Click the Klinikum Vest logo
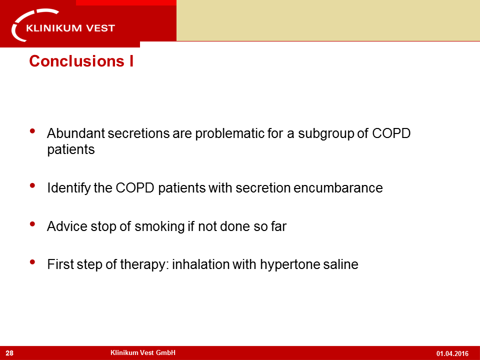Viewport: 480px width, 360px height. (x=63, y=25)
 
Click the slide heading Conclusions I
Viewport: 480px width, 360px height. (x=81, y=61)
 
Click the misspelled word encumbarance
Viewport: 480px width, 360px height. (x=338, y=187)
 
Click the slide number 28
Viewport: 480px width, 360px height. (x=9, y=353)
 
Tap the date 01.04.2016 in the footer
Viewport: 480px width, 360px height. (x=452, y=353)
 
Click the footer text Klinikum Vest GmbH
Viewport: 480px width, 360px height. (x=143, y=352)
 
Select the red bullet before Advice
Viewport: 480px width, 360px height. (x=32, y=224)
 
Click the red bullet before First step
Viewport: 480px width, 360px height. (x=32, y=261)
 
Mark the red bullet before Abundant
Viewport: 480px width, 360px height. (x=32, y=131)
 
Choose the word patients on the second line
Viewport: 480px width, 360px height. (x=71, y=150)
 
